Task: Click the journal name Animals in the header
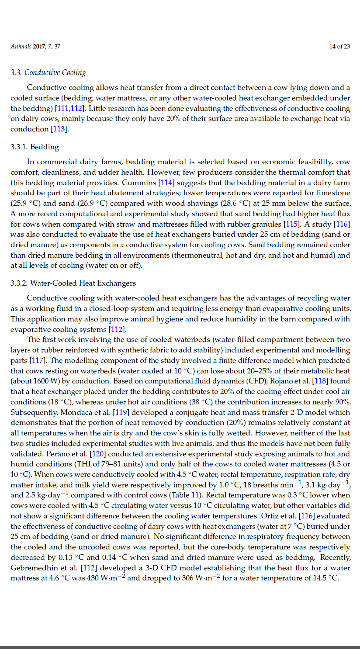(x=21, y=46)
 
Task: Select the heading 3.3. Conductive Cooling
(x=48, y=72)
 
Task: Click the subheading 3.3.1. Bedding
(x=35, y=147)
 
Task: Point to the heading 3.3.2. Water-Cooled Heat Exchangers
(x=73, y=283)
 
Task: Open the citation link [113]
(x=60, y=129)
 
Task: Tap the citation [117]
(x=36, y=360)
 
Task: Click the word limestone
(x=335, y=193)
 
